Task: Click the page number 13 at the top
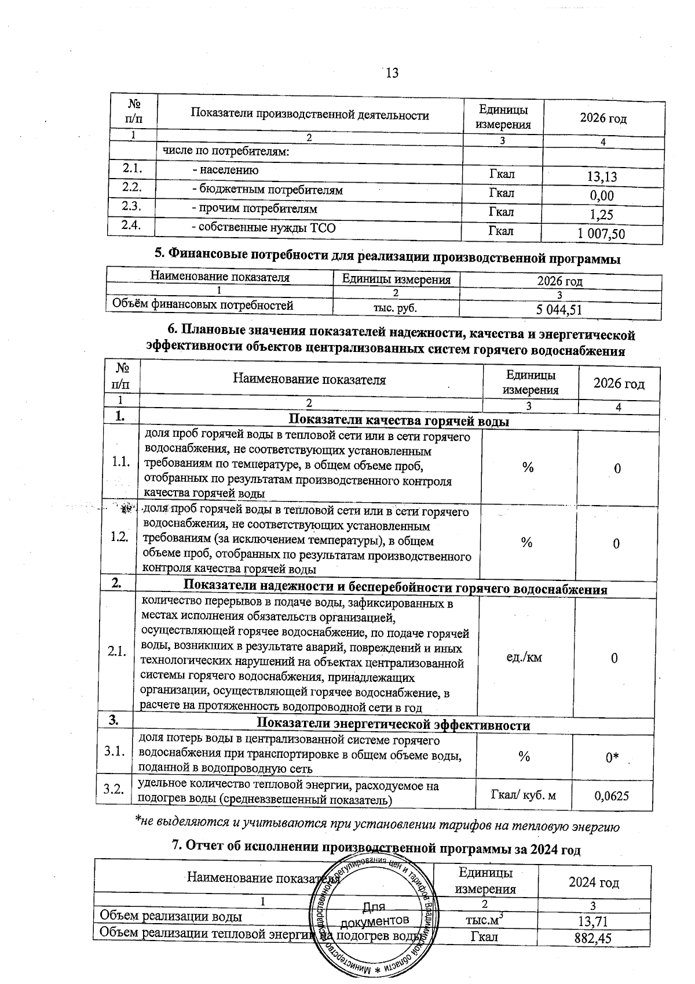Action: point(392,73)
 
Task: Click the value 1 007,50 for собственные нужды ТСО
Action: point(602,234)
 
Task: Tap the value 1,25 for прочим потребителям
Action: point(602,215)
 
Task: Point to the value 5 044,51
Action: point(559,310)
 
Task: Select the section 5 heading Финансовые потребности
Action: point(387,257)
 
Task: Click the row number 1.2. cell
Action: point(119,537)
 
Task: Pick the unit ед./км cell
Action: point(525,657)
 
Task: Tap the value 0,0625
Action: point(612,796)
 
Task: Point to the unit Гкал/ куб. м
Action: point(523,794)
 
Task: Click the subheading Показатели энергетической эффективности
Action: point(393,725)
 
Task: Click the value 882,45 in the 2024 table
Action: point(592,939)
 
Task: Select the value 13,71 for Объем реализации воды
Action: point(592,921)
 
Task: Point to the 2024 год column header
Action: point(594,883)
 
